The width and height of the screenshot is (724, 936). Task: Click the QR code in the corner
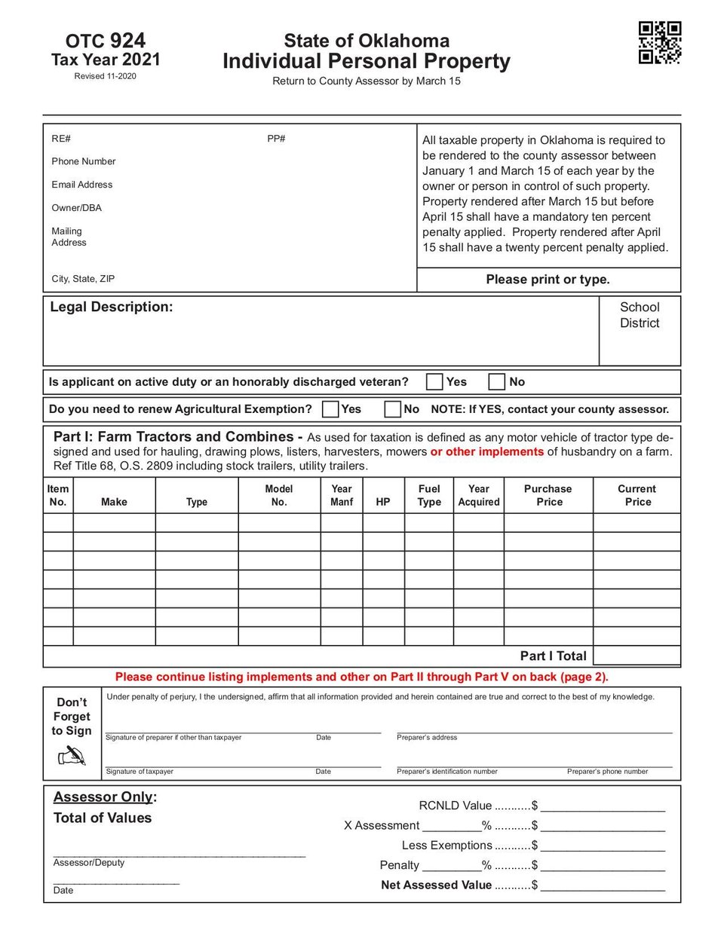pyautogui.click(x=660, y=42)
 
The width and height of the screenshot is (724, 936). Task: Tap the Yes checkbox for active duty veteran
pyautogui.click(x=434, y=381)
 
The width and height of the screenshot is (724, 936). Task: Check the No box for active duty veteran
pyautogui.click(x=496, y=381)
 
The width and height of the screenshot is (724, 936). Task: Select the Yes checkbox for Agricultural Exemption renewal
pyautogui.click(x=330, y=408)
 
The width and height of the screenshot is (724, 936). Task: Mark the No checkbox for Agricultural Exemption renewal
pyautogui.click(x=392, y=408)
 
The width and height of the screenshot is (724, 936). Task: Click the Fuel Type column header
pyautogui.click(x=429, y=495)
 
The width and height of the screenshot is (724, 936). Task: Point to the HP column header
pyautogui.click(x=383, y=501)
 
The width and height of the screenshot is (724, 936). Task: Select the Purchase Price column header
pyautogui.click(x=548, y=495)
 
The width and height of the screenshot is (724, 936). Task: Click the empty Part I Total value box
pyautogui.click(x=637, y=656)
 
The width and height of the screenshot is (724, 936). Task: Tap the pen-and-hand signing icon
pyautogui.click(x=72, y=755)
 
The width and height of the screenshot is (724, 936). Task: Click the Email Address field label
pyautogui.click(x=82, y=185)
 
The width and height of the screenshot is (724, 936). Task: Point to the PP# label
pyautogui.click(x=276, y=139)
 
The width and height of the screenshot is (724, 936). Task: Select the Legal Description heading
pyautogui.click(x=112, y=307)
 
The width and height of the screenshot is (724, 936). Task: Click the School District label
pyautogui.click(x=640, y=315)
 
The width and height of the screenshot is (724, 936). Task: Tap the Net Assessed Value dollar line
pyautogui.click(x=603, y=886)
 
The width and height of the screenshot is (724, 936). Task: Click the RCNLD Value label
pyautogui.click(x=455, y=806)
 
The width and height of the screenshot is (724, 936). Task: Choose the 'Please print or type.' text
pyautogui.click(x=548, y=280)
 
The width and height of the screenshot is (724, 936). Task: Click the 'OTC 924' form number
pyautogui.click(x=106, y=41)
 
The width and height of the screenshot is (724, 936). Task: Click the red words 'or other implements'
pyautogui.click(x=487, y=451)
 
